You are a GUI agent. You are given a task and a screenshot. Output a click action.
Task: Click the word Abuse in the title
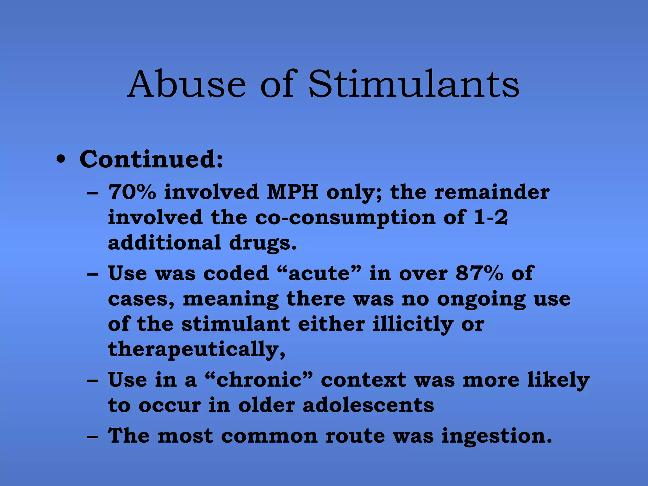pyautogui.click(x=187, y=84)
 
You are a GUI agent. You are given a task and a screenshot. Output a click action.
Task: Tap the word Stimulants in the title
pyautogui.click(x=414, y=84)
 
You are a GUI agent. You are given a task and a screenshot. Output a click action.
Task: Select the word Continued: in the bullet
pyautogui.click(x=151, y=159)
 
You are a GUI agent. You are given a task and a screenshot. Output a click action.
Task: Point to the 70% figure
pyautogui.click(x=132, y=192)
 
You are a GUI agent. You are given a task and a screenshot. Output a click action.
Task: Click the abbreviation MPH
pyautogui.click(x=292, y=192)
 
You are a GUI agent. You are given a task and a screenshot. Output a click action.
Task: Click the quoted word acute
pyautogui.click(x=320, y=273)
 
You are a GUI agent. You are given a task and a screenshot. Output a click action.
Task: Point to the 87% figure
pyautogui.click(x=479, y=273)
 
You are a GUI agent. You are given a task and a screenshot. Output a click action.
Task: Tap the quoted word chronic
pyautogui.click(x=259, y=380)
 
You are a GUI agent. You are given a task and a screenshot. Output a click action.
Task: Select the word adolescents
pyautogui.click(x=368, y=405)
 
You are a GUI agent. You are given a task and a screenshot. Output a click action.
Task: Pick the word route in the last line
pyautogui.click(x=355, y=436)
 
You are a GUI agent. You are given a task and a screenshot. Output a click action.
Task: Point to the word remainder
pyautogui.click(x=492, y=192)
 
